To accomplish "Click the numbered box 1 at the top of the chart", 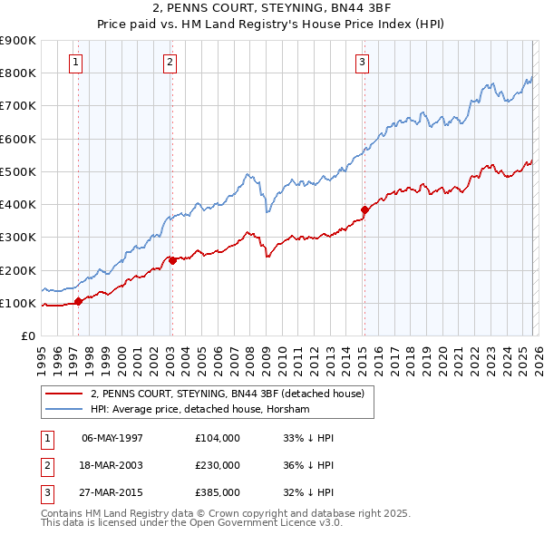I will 74,63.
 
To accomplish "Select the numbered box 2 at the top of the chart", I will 170,63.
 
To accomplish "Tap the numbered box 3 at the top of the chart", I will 362,63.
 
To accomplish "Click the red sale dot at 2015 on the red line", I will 364,209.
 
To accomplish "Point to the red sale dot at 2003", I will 172,260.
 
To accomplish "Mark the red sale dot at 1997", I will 79,301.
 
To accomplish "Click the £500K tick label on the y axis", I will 18,171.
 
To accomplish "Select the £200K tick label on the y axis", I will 18,270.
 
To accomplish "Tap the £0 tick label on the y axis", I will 27,336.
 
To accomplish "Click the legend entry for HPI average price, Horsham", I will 200,409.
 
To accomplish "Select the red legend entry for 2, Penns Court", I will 227,394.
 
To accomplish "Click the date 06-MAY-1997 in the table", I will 112,438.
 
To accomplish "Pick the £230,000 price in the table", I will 218,465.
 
